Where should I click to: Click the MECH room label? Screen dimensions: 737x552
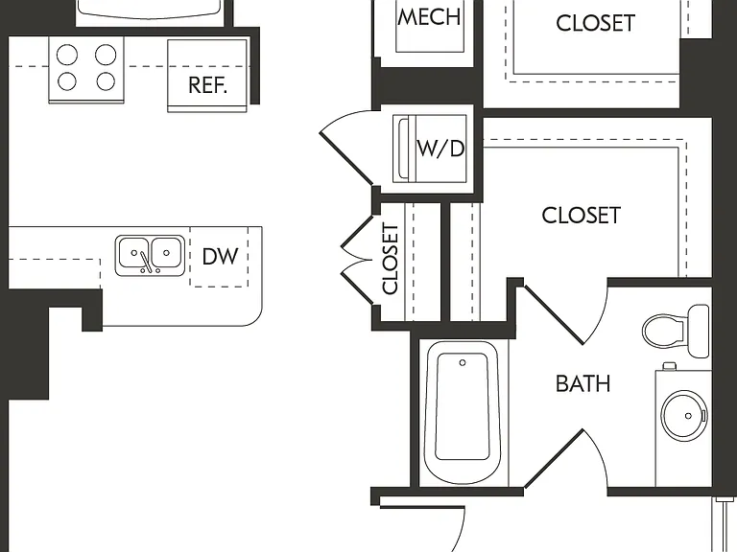[x=429, y=17]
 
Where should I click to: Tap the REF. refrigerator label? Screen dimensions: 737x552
[x=207, y=85]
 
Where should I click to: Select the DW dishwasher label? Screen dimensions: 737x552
[x=220, y=256]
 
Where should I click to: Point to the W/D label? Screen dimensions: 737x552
[x=440, y=149]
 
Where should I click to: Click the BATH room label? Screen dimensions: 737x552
[x=582, y=383]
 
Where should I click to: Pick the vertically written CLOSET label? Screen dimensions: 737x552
[x=391, y=259]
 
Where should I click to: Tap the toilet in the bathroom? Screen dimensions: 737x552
[x=676, y=330]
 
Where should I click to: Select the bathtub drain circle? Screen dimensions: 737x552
[x=463, y=363]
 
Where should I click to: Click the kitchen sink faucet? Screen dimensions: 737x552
[x=147, y=262]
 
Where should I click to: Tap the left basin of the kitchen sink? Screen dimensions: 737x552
[x=133, y=253]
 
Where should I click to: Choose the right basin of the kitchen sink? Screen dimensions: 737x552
[x=166, y=253]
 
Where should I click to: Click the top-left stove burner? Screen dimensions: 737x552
[x=67, y=55]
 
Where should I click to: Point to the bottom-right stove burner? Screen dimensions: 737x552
[x=106, y=81]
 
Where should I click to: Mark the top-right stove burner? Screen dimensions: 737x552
[x=106, y=55]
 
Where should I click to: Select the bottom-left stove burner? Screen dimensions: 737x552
[x=67, y=81]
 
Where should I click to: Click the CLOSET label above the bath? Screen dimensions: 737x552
[x=581, y=216]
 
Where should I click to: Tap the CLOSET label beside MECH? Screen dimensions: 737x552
[x=595, y=23]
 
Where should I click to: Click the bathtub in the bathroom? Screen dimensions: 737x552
[x=462, y=413]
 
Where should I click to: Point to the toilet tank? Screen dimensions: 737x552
[x=699, y=331]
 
